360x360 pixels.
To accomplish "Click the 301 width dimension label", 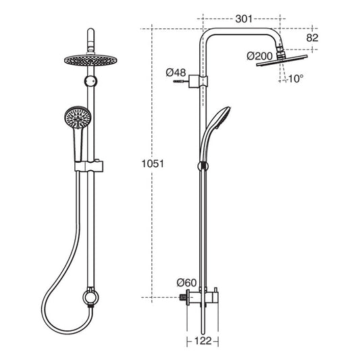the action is [x=244, y=19].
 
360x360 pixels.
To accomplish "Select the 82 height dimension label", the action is [x=312, y=38].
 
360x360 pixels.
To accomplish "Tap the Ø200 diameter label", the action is [x=259, y=56].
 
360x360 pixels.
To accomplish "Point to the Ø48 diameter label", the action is [x=176, y=73].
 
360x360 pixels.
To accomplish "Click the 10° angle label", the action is [x=295, y=79].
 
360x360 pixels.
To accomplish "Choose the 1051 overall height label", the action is [x=153, y=164].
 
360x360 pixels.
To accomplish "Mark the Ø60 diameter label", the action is [x=186, y=282].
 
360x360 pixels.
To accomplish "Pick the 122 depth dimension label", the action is [x=203, y=341].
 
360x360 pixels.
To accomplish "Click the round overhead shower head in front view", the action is [x=91, y=60].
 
